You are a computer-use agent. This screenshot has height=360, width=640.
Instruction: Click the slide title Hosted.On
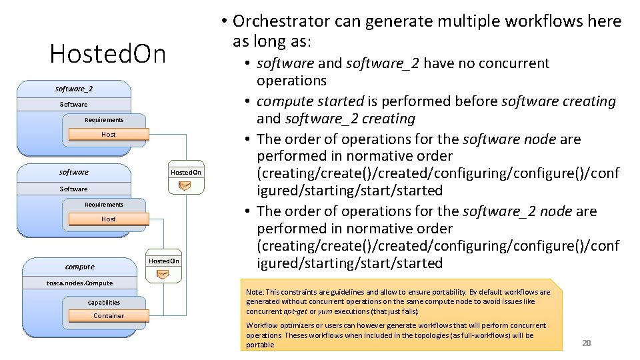[x=107, y=54]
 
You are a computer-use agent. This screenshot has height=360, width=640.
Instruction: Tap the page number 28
[x=587, y=343]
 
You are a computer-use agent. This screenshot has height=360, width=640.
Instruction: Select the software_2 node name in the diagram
[x=74, y=89]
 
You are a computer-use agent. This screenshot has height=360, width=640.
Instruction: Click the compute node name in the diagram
[x=80, y=267]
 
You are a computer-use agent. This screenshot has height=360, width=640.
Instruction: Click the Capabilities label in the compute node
[x=103, y=302]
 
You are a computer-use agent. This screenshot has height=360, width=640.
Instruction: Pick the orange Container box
[x=109, y=315]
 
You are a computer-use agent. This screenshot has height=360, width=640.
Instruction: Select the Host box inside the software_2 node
[x=109, y=134]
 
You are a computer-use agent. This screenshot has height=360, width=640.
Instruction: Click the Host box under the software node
[x=109, y=219]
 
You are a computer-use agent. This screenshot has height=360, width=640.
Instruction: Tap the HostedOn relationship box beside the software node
[x=185, y=172]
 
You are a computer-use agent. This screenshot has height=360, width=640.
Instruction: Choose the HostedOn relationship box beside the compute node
[x=164, y=261]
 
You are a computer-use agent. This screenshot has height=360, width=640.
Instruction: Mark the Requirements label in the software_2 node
[x=104, y=120]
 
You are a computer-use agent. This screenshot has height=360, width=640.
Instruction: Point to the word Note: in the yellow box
[x=255, y=292]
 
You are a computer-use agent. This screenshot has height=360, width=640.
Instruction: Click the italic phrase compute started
[x=310, y=102]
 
